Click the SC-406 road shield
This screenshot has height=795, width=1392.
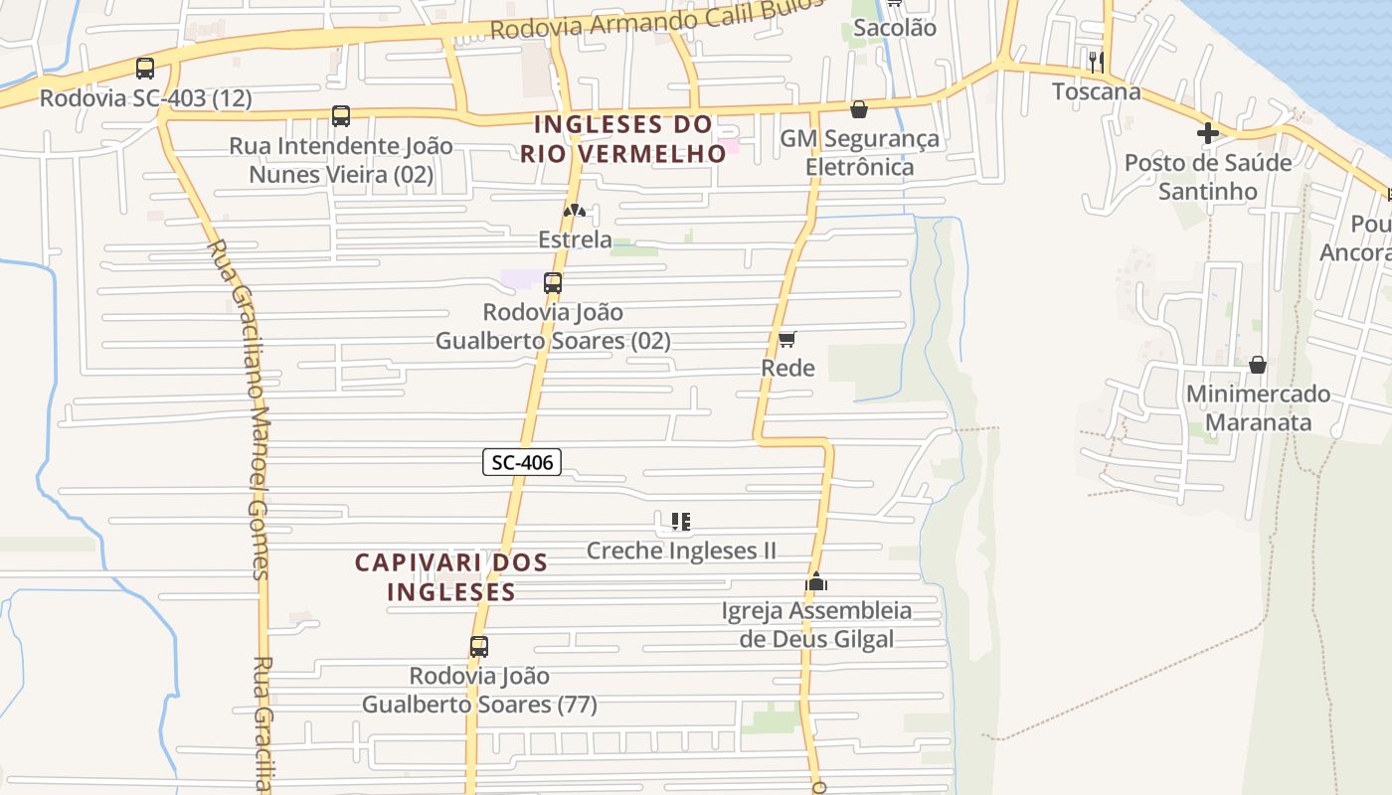(522, 462)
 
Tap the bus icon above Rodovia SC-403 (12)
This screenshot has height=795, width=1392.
(145, 69)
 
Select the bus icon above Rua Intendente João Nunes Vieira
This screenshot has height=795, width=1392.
(341, 116)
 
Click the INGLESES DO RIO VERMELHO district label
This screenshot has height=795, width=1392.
(624, 139)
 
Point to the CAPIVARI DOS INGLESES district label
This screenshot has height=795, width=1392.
(451, 577)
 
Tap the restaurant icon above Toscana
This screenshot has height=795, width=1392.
(1096, 62)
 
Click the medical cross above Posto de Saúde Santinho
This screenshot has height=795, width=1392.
(1208, 132)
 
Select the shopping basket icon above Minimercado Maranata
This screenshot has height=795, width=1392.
(1258, 365)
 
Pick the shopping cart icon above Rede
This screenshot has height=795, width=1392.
(787, 340)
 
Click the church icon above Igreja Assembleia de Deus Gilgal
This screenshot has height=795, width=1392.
(816, 581)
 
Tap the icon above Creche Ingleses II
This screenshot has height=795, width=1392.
(681, 522)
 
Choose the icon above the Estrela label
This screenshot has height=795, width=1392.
(574, 211)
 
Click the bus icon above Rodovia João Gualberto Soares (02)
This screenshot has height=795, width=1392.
(553, 283)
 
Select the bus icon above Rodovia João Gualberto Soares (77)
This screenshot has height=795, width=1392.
(479, 647)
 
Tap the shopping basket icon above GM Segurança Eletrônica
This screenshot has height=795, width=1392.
(859, 109)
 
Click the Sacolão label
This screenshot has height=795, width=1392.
(895, 28)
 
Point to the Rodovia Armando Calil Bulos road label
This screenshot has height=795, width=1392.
(656, 20)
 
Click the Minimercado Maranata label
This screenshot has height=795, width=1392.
(1258, 407)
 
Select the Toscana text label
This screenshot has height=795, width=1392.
(1097, 92)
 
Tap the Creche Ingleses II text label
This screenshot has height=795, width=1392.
(681, 551)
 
